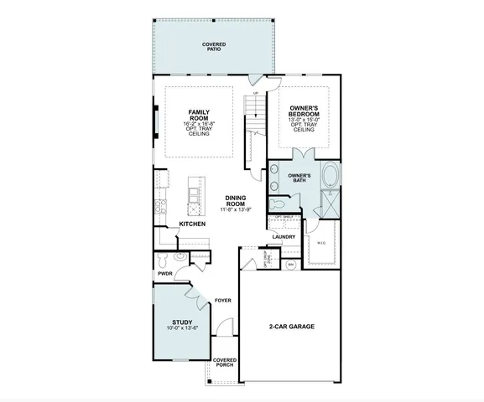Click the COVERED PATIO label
(x=217, y=46)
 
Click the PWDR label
(x=164, y=273)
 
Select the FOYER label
(x=222, y=299)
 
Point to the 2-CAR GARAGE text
(x=291, y=327)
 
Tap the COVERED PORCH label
(x=224, y=363)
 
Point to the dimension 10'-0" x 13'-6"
(x=183, y=328)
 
